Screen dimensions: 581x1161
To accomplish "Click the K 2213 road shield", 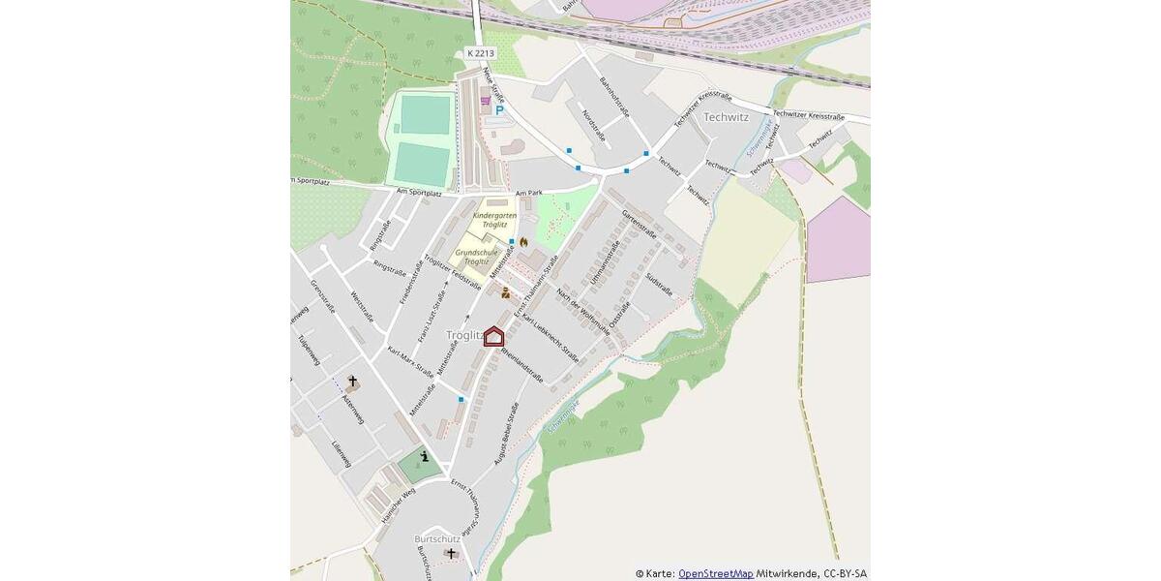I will click(480, 53).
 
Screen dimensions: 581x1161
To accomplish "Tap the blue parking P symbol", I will click(499, 110).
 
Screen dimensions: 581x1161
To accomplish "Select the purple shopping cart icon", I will click(485, 100).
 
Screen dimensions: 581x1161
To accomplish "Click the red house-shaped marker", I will click(493, 337).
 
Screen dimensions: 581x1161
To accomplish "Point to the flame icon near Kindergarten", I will click(524, 241).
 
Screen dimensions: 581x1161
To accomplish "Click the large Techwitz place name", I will click(727, 117).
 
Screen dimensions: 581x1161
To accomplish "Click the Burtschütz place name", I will click(436, 537).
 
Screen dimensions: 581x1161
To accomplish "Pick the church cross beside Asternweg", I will click(352, 382).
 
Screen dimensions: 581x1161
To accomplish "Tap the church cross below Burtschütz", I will click(451, 553).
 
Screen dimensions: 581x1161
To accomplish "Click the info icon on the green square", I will click(424, 457).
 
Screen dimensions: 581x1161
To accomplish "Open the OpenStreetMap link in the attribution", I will click(715, 573).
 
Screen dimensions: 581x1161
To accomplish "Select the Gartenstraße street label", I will click(640, 224).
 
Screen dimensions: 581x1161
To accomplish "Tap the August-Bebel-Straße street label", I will click(510, 437).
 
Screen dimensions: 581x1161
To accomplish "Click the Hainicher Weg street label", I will click(398, 505).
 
